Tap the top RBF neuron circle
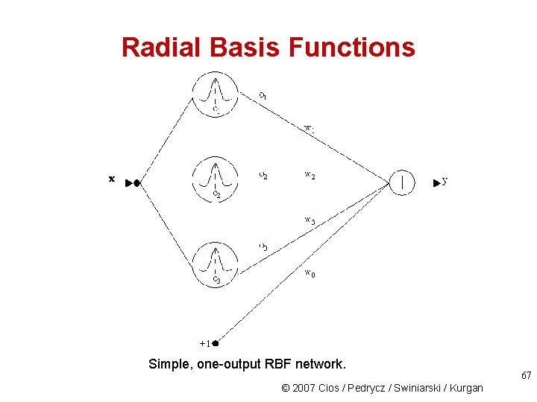pos(216,94)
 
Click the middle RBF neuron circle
pos(216,179)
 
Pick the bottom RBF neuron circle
pos(216,264)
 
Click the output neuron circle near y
pos(403,181)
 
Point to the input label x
pos(112,179)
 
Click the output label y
pos(445,181)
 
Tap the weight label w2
pos(310,176)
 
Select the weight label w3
pos(310,220)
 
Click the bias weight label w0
pos(310,274)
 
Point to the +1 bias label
pos(204,343)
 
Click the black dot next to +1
pos(215,343)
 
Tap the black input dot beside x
pos(136,182)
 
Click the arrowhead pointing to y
pos(436,182)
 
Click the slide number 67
pos(526,376)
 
